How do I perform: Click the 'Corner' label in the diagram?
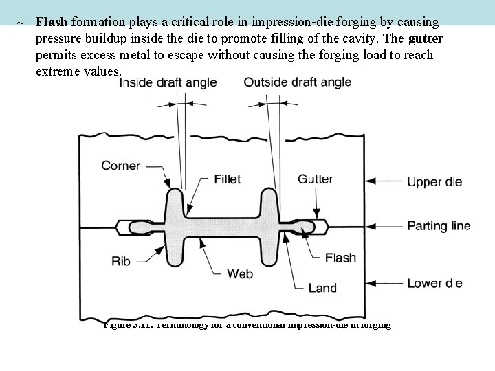121,165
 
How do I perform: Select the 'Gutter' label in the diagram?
316,179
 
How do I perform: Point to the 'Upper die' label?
434,182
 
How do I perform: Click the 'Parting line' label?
439,225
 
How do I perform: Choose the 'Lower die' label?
434,282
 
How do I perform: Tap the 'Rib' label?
122,260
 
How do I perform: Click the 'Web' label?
240,273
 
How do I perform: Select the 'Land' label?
322,289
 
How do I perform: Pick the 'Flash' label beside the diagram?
340,258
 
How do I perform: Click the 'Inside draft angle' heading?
168,82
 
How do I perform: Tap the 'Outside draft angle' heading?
297,82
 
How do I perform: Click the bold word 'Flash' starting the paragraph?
53,22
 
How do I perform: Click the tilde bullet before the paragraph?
21,23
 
